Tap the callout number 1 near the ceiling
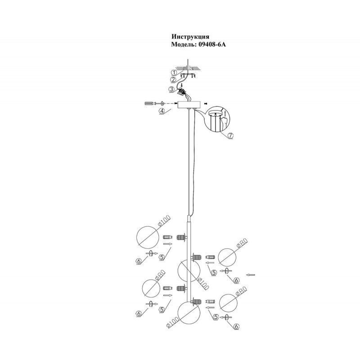coord(174,72)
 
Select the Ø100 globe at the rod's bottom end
coord(189,314)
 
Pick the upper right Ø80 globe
coord(228,259)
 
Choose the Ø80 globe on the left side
coord(152,288)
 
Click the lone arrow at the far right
coord(252,274)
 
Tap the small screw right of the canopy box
coord(206,104)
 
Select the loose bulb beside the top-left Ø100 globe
coord(166,237)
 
